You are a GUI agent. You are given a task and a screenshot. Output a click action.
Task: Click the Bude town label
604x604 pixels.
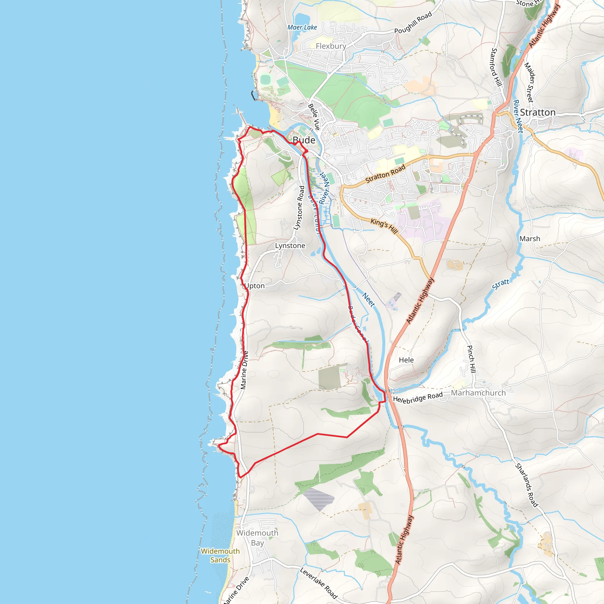pos(304,140)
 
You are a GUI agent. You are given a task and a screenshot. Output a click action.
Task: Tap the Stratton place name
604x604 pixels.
pos(538,113)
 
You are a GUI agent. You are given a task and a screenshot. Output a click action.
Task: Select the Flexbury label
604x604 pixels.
pos(331,46)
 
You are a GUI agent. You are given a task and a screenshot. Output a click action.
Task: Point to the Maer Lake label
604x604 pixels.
pos(302,27)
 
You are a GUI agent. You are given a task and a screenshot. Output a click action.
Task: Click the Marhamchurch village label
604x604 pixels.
pos(478,393)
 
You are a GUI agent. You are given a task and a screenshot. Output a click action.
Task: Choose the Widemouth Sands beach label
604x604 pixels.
pos(220,555)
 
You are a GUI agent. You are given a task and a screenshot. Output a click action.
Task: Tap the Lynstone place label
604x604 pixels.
pos(290,246)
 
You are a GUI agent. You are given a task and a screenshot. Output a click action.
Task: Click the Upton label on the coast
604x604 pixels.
pos(255,286)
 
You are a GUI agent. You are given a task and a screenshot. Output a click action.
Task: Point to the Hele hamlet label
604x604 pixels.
pos(406,360)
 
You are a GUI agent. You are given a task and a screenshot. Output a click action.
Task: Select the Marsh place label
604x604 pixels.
pos(530,239)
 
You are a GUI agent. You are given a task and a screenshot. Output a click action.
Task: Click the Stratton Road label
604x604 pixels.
pos(385,174)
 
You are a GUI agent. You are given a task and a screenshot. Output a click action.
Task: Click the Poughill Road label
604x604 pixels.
pos(413,22)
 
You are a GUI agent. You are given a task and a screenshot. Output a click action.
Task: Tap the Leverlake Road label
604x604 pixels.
pos(318,583)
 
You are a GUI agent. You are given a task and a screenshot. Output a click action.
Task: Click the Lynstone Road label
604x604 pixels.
pos(299,208)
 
